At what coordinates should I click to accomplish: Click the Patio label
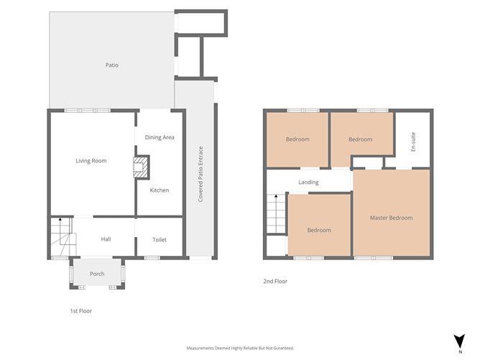pos(111,65)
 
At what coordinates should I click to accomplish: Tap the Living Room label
pos(91,160)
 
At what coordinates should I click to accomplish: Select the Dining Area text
pos(160,137)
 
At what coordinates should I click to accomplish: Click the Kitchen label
pos(160,190)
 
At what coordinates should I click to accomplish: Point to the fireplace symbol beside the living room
pos(140,167)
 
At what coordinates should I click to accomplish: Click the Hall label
pos(106,239)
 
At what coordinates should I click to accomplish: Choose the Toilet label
pos(160,239)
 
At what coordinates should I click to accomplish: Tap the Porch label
pos(97,274)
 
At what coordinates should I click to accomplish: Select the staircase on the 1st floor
pos(61,237)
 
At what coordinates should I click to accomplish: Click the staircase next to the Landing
pos(276,214)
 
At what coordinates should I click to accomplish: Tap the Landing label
pos(308,183)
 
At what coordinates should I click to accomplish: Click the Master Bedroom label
pos(392,218)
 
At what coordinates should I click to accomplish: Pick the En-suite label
pos(413,141)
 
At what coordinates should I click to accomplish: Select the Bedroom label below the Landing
pos(319,230)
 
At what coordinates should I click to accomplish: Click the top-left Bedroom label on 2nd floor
pos(297,139)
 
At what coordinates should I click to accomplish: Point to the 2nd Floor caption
pos(275,281)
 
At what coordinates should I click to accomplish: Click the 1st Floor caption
pos(80,311)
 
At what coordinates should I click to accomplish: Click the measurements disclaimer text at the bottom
pos(240,348)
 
